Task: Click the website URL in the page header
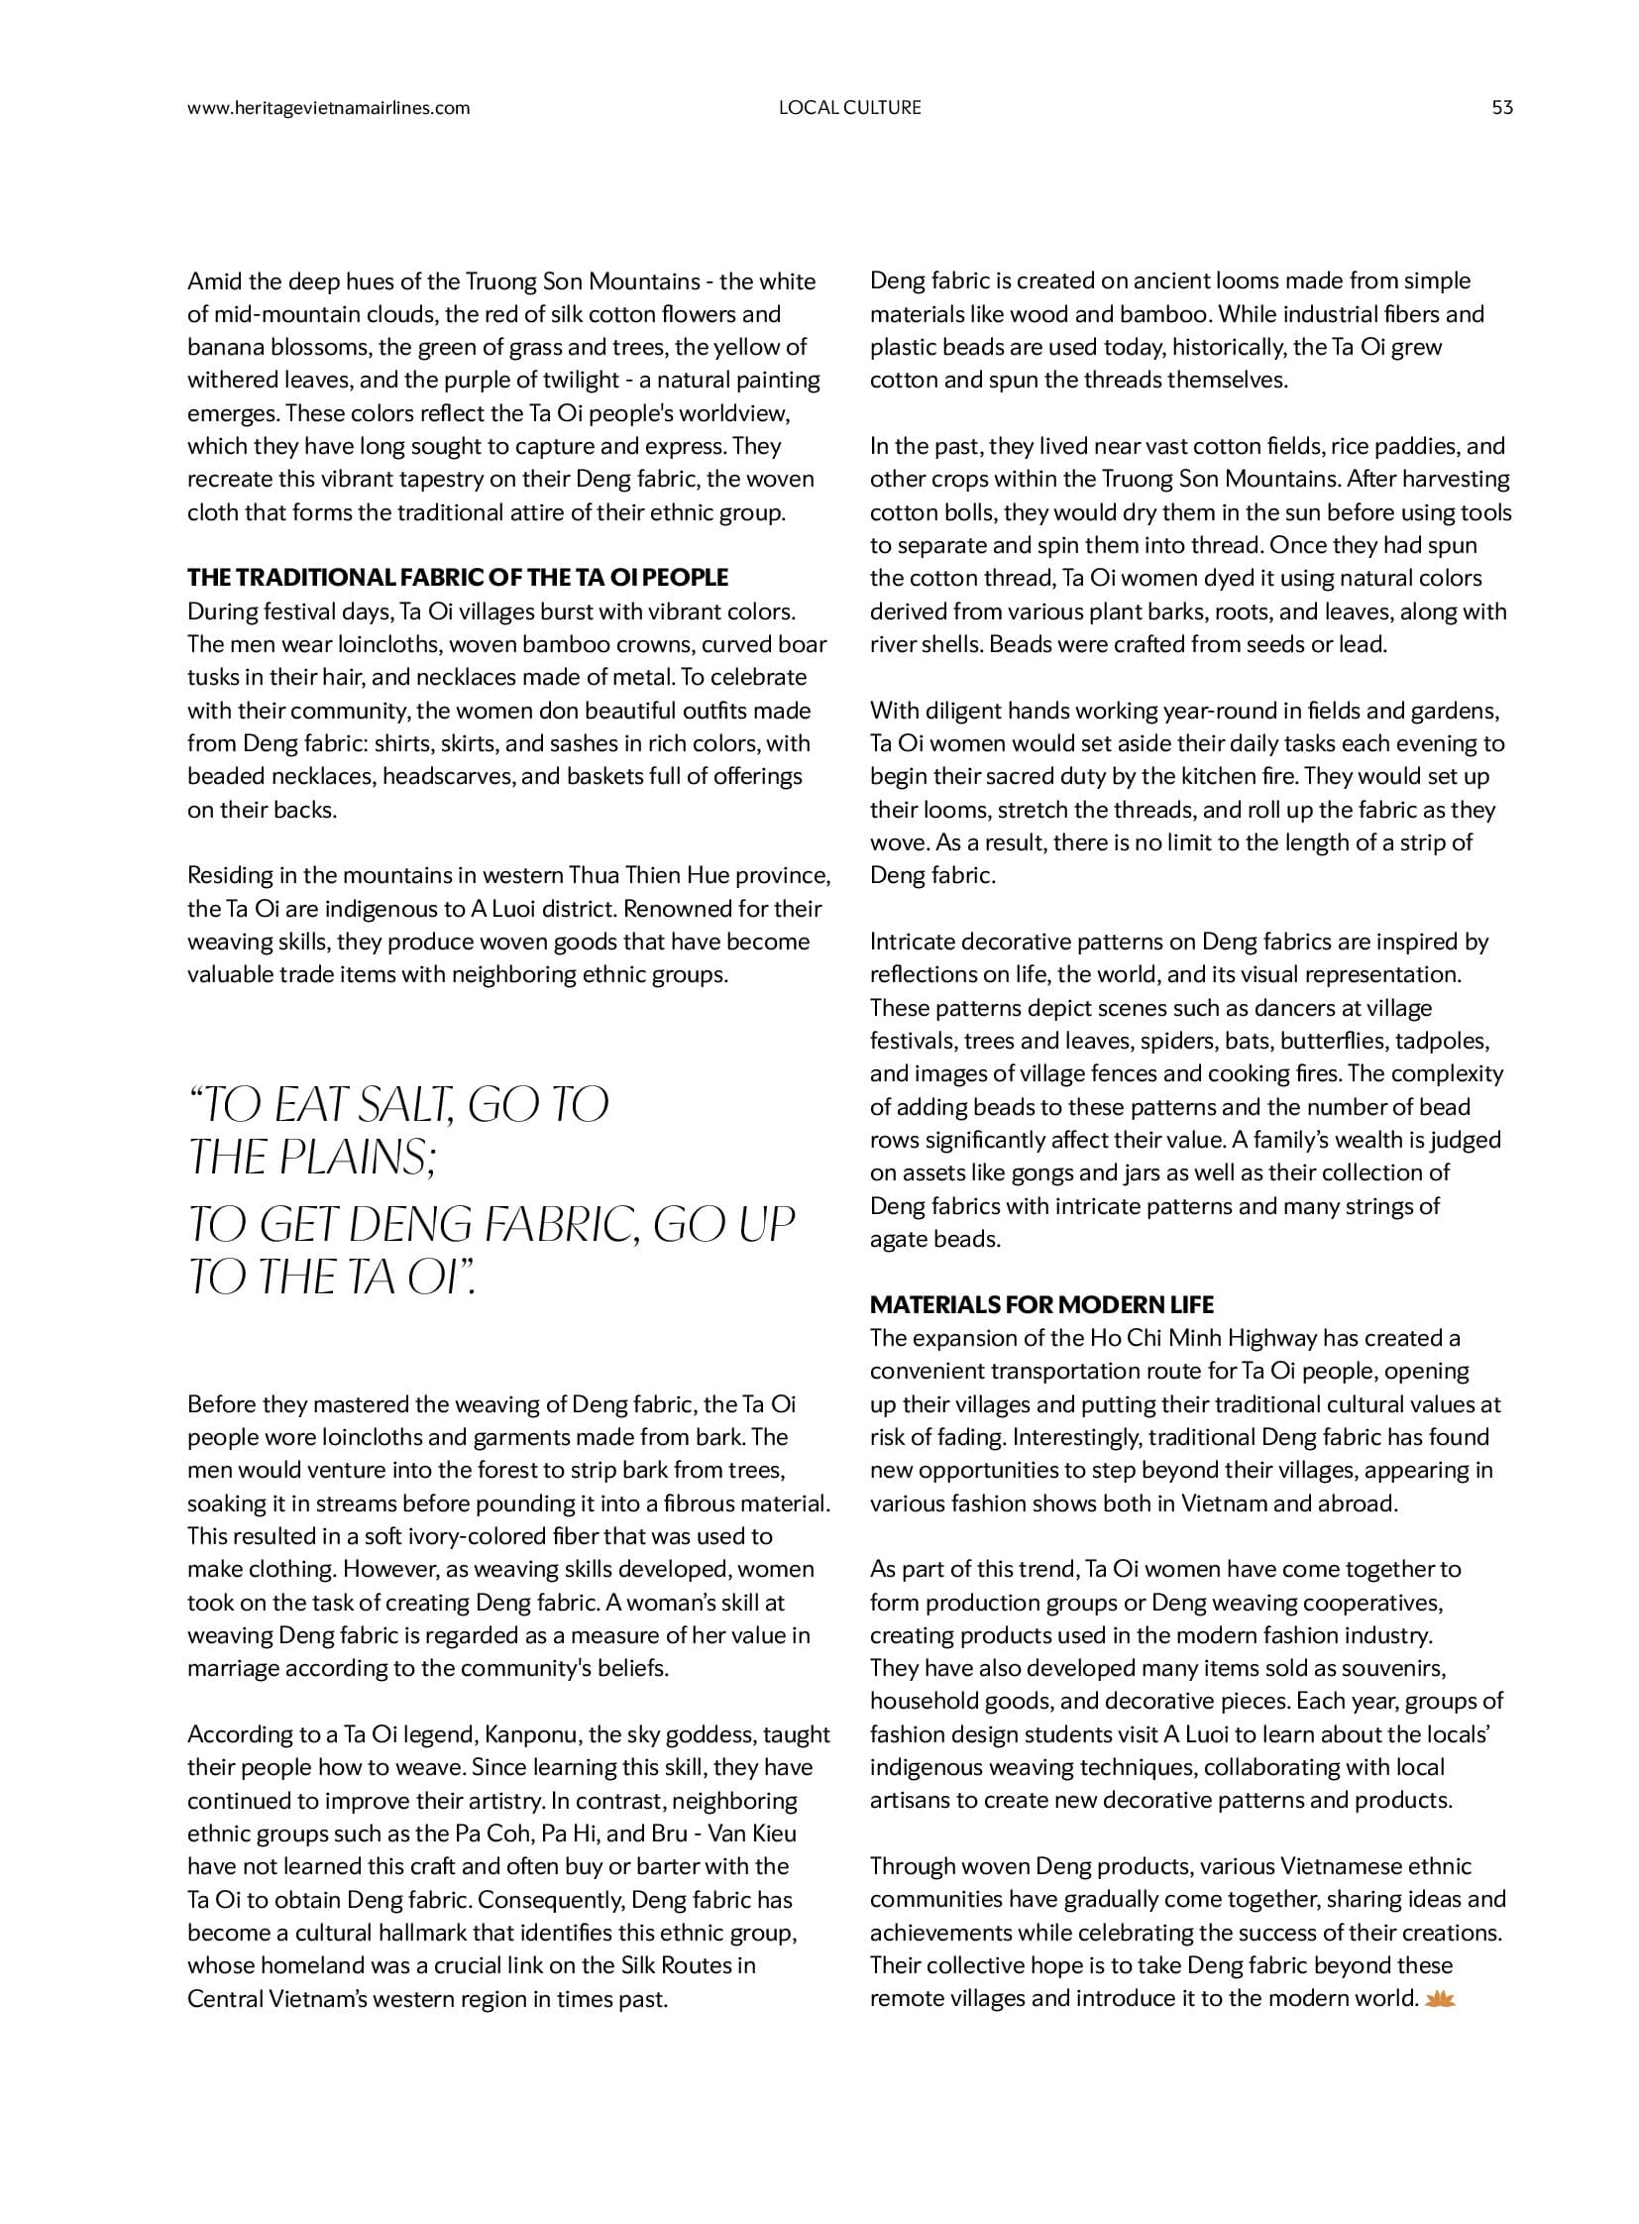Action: pos(328,108)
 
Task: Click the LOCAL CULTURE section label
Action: pos(849,108)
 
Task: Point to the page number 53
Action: pos(1502,108)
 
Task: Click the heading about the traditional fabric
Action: pos(458,578)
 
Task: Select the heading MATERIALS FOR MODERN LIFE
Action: pos(1041,1305)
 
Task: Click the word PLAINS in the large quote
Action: pos(360,1157)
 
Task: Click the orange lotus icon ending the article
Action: pos(1439,1999)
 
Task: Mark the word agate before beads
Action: pos(897,1240)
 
